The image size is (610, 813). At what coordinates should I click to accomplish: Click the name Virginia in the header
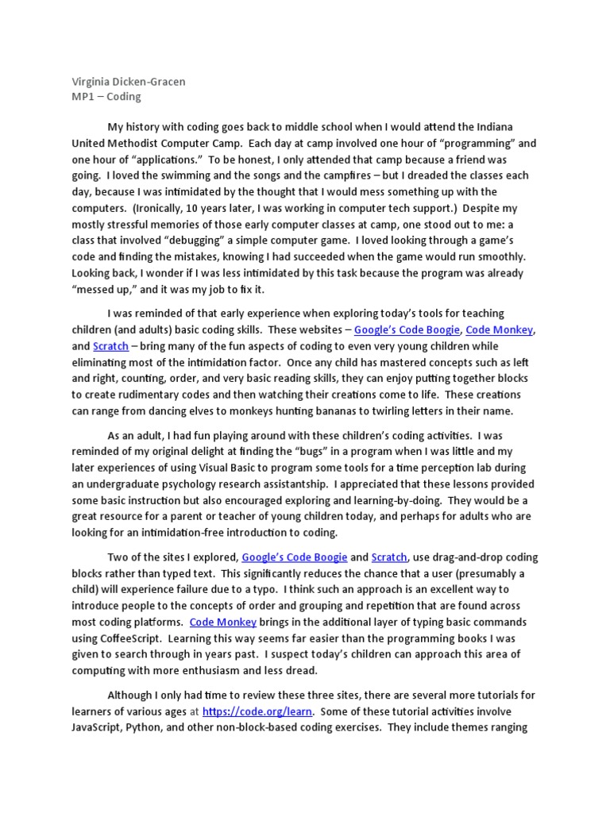pyautogui.click(x=92, y=82)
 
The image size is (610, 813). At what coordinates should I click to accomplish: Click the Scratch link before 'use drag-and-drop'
pyautogui.click(x=389, y=557)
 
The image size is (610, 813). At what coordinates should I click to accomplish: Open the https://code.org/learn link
pyautogui.click(x=257, y=711)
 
